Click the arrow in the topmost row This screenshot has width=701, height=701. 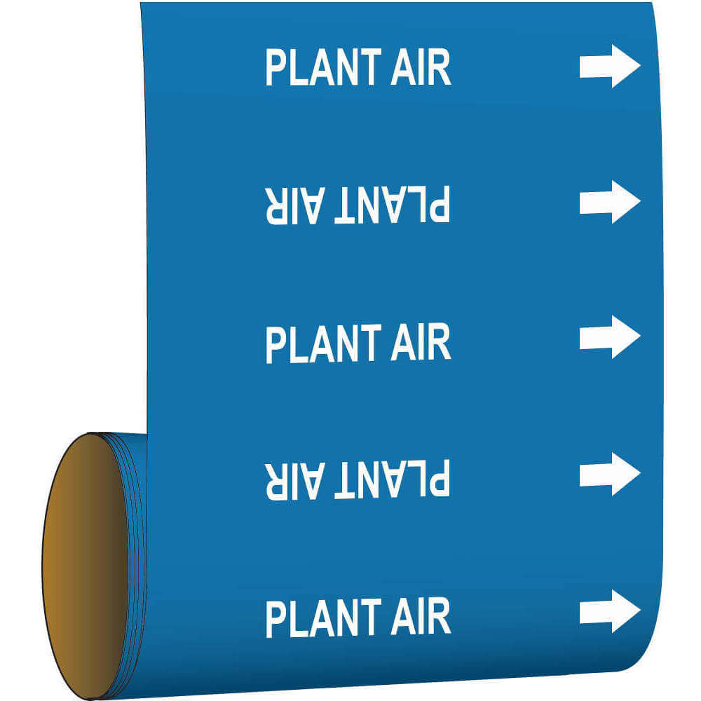(x=610, y=66)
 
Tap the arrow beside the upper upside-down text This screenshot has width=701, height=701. (x=610, y=202)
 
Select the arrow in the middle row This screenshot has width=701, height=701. (x=610, y=337)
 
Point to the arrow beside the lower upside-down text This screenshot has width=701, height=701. (x=610, y=474)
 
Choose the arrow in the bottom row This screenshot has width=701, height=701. (x=610, y=611)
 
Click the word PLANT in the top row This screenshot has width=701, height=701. (x=323, y=67)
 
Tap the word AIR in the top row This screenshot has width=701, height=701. (x=421, y=67)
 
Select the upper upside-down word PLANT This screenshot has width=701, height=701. (x=392, y=204)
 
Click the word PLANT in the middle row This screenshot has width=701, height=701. (x=323, y=343)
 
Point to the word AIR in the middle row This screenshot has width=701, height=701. (x=421, y=343)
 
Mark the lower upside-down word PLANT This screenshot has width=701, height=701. (x=392, y=479)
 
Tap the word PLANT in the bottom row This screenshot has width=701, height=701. (x=323, y=618)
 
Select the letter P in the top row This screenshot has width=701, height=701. (x=275, y=67)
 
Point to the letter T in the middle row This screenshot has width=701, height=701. (x=369, y=343)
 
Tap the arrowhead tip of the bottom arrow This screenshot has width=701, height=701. (x=641, y=611)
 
